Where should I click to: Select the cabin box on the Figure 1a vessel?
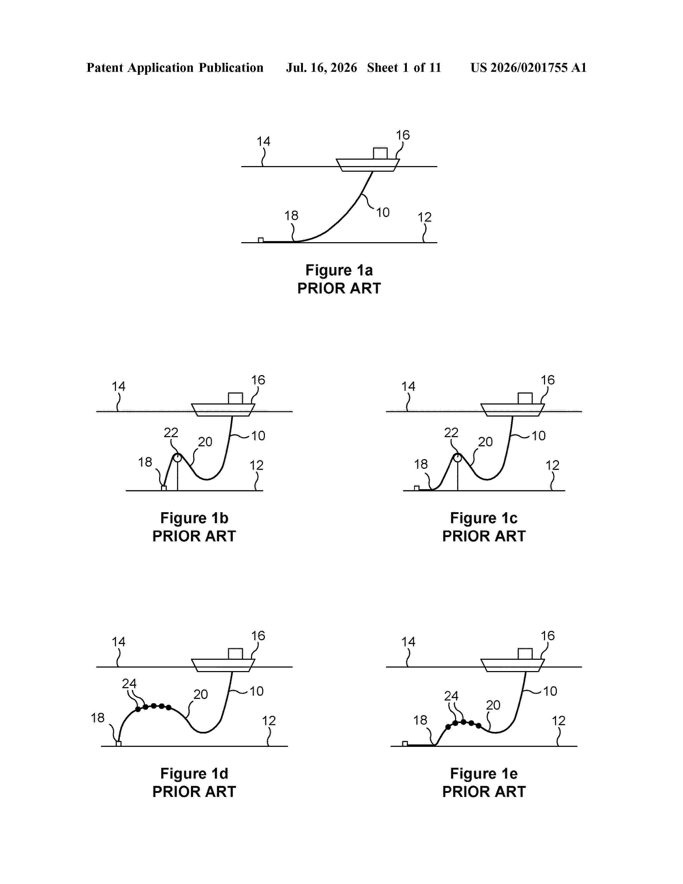click(x=380, y=153)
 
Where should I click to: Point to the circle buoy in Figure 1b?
click(x=177, y=458)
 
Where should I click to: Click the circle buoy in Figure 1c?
click(x=457, y=458)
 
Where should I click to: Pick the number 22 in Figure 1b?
click(x=171, y=433)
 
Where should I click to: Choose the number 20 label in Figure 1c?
click(x=485, y=441)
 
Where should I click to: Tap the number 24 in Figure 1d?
click(x=129, y=684)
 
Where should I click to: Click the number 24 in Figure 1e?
click(x=451, y=696)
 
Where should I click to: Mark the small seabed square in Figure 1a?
click(x=261, y=240)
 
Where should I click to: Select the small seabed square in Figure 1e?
click(x=405, y=743)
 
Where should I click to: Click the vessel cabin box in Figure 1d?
click(x=235, y=654)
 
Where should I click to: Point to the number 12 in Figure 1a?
click(x=425, y=217)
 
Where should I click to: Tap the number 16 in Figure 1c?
click(x=547, y=380)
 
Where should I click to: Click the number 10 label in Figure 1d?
click(x=257, y=691)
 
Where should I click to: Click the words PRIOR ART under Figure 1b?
click(x=194, y=536)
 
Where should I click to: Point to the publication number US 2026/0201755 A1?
click(x=528, y=68)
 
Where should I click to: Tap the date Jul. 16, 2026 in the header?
click(x=322, y=68)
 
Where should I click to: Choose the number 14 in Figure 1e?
click(x=408, y=642)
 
